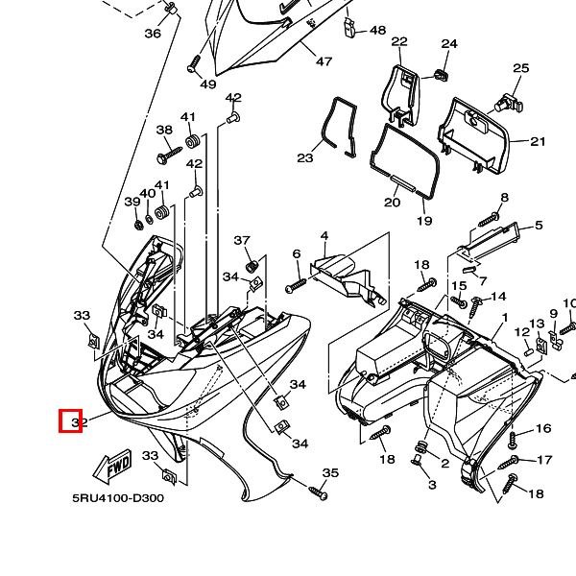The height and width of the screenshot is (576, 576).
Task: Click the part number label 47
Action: pyautogui.click(x=324, y=62)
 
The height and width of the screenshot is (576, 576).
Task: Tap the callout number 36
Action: pyautogui.click(x=153, y=34)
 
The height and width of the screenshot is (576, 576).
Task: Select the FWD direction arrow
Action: pyautogui.click(x=112, y=468)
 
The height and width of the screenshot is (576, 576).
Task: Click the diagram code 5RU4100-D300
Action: pyautogui.click(x=118, y=498)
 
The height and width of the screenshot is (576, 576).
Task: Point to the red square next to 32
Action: pyautogui.click(x=70, y=420)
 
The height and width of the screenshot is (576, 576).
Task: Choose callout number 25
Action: pyautogui.click(x=520, y=68)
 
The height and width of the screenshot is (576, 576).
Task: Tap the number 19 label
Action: pyautogui.click(x=424, y=221)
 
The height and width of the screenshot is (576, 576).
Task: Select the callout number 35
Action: pyautogui.click(x=330, y=473)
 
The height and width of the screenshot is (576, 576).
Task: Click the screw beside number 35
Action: pyautogui.click(x=317, y=492)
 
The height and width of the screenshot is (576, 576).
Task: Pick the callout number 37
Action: pyautogui.click(x=242, y=241)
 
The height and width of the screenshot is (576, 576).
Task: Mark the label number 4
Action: pyautogui.click(x=324, y=236)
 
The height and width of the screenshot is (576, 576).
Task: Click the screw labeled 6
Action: pyautogui.click(x=295, y=286)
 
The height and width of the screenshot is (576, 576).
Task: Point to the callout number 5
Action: pyautogui.click(x=539, y=226)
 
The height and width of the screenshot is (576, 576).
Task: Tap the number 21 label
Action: pyautogui.click(x=538, y=142)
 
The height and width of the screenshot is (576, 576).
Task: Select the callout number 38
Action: pyautogui.click(x=164, y=131)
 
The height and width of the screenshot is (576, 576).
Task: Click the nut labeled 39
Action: pyautogui.click(x=139, y=224)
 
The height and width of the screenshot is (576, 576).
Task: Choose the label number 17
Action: pyautogui.click(x=544, y=461)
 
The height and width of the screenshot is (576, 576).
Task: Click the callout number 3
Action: pyautogui.click(x=432, y=486)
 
